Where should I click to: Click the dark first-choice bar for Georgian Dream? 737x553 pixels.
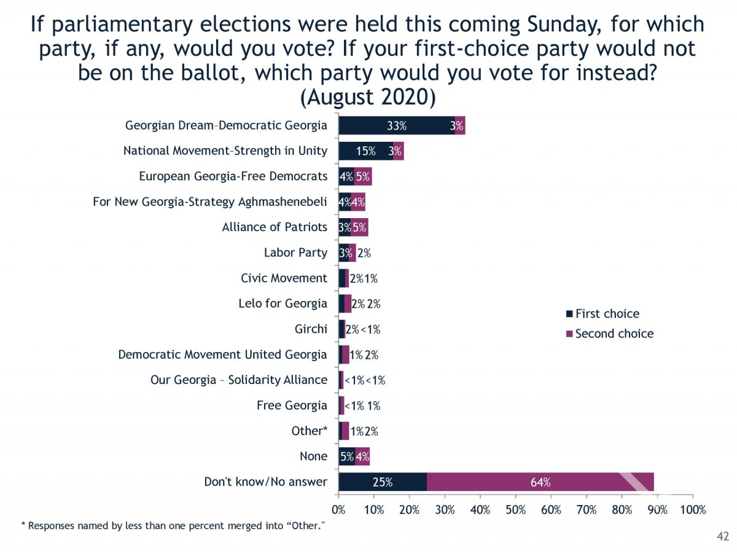pos(396,125)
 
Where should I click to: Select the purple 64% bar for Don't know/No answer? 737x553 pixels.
pos(540,482)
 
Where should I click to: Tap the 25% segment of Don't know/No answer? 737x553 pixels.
pos(382,482)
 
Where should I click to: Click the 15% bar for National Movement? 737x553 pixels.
pos(366,151)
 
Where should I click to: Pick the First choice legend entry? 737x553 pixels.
pos(606,314)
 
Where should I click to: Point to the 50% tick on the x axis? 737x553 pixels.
pos(516,509)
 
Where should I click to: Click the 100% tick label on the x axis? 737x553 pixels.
pos(692,509)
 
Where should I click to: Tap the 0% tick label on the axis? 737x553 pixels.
pos(338,509)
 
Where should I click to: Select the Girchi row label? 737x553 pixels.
pos(311,329)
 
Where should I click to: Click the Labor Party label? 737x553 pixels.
pos(295,253)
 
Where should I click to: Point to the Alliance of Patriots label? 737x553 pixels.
pos(275,227)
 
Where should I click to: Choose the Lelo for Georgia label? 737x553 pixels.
pos(283,304)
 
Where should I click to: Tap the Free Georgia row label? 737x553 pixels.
pos(292,406)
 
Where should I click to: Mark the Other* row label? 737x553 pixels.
pos(309,431)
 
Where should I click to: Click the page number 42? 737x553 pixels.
pos(722,537)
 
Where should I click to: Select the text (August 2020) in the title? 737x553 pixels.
pos(368,97)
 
